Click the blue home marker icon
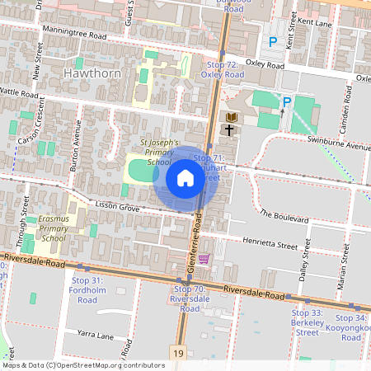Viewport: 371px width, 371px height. pyautogui.click(x=185, y=178)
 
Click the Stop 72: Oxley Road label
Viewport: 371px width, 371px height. pyautogui.click(x=223, y=69)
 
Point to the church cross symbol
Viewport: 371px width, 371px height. pyautogui.click(x=228, y=129)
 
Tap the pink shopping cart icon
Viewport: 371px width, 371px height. pyautogui.click(x=204, y=259)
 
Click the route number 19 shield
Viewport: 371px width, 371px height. pyautogui.click(x=179, y=353)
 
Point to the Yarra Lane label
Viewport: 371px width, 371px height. pyautogui.click(x=94, y=336)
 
